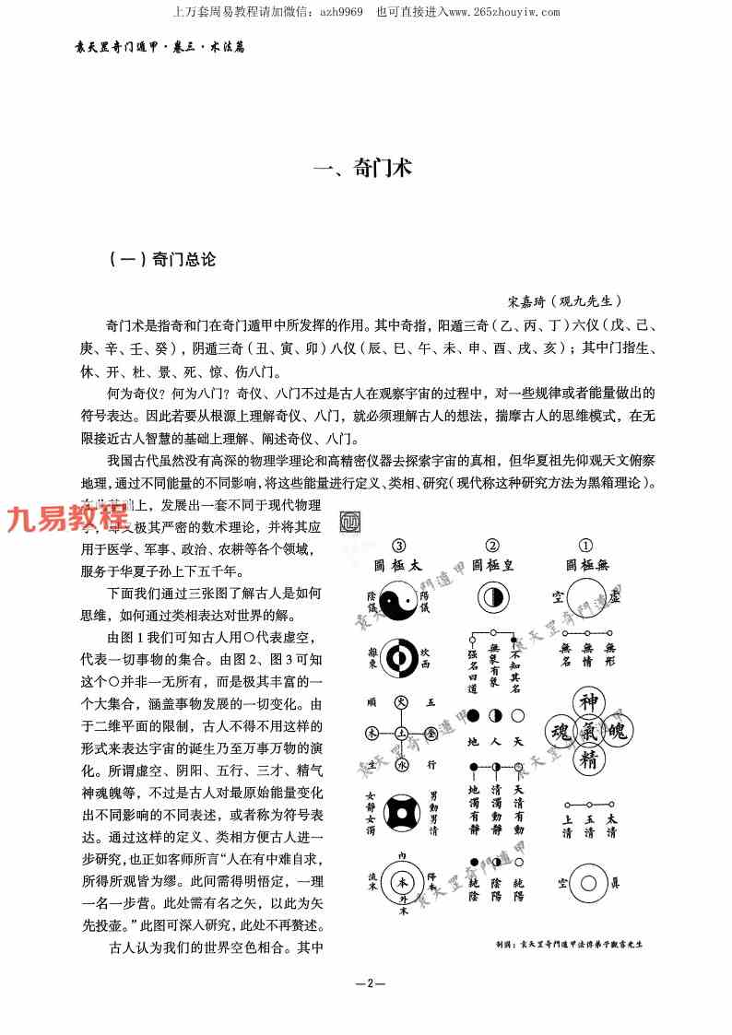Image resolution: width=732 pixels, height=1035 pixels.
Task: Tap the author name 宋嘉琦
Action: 526,300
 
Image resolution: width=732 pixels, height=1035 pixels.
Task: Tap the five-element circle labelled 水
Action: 399,764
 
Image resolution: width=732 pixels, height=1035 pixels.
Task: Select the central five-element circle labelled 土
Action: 399,734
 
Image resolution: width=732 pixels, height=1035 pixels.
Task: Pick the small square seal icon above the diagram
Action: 351,521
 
